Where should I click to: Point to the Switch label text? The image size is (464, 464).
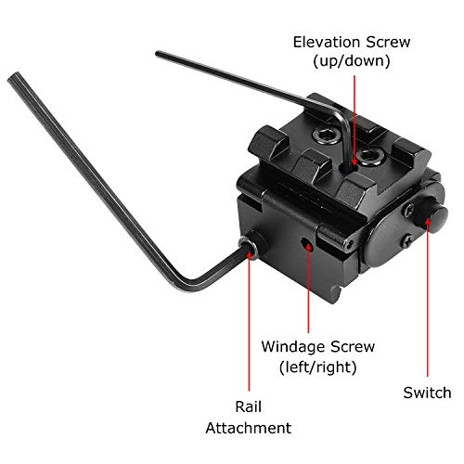click(x=427, y=393)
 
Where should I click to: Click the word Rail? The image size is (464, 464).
click(x=247, y=407)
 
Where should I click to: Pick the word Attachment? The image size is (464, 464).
click(x=248, y=428)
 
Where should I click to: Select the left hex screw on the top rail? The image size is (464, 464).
click(x=328, y=135)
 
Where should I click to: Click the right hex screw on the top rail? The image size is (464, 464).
click(x=370, y=150)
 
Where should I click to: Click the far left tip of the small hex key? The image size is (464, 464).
click(x=159, y=55)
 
